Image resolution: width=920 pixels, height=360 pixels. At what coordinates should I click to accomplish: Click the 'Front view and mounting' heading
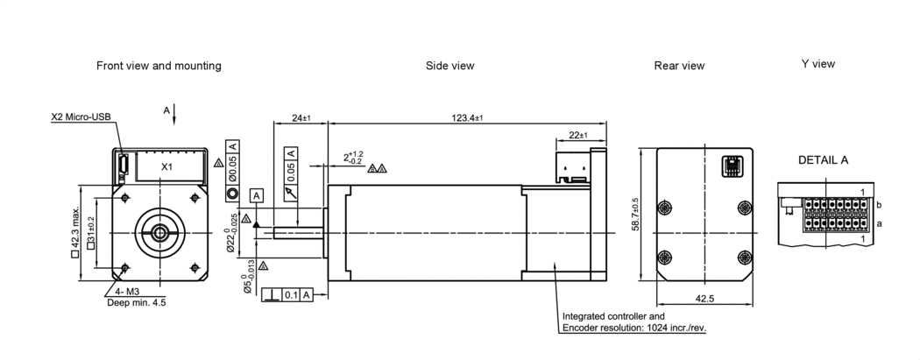[x=159, y=66]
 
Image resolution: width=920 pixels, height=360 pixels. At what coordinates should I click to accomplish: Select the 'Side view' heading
[x=449, y=66]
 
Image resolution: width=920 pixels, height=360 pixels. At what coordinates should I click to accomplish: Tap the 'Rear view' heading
[x=679, y=66]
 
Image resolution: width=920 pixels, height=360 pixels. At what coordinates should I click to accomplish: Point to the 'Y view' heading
[x=817, y=64]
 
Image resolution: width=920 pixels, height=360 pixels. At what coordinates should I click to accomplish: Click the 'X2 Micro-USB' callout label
[x=81, y=116]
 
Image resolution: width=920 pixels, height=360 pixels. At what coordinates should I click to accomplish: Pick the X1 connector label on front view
[x=166, y=166]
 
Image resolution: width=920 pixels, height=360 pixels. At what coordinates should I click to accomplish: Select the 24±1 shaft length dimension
[x=301, y=117]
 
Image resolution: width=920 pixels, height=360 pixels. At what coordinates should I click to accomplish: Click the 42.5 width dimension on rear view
[x=704, y=299]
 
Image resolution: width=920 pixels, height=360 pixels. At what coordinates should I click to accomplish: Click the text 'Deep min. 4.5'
[x=136, y=302]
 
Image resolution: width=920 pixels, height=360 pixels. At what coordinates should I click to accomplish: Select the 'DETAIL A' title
[x=823, y=160]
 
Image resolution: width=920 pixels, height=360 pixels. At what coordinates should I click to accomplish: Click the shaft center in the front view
[x=161, y=232]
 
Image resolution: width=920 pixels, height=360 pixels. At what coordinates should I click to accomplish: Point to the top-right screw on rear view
[x=744, y=207]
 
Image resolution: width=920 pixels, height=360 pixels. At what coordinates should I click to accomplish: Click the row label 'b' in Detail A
[x=878, y=205]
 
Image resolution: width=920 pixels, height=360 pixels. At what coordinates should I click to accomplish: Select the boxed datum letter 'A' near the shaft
[x=257, y=194]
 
